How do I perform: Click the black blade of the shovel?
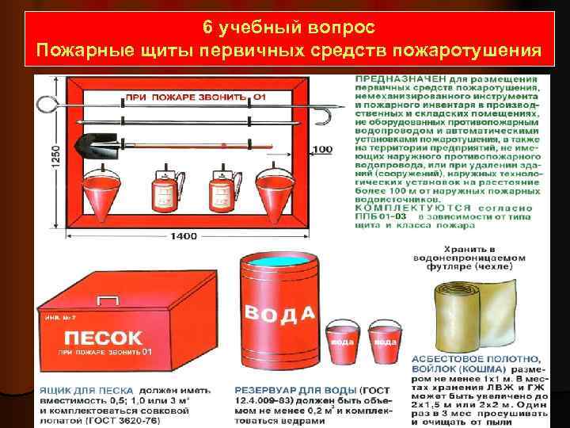click(89, 145)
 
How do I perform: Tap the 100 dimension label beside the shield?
click(323, 149)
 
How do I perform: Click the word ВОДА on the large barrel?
click(279, 311)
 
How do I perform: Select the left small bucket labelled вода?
click(341, 340)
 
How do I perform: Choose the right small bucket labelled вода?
click(385, 340)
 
